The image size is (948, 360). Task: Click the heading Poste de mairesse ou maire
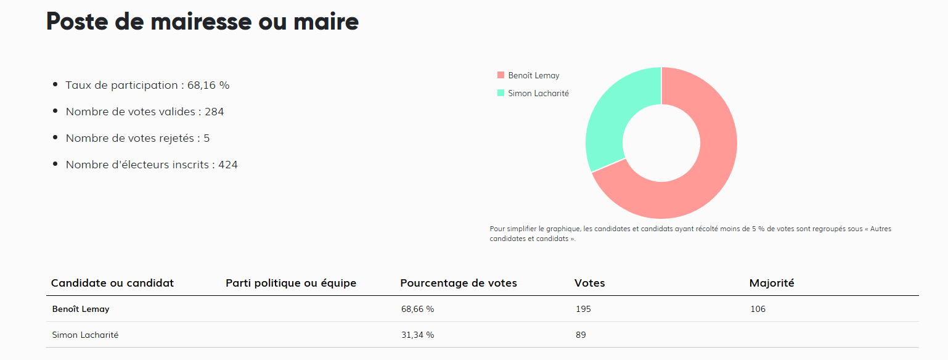[202, 22]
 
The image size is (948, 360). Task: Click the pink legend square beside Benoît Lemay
[501, 75]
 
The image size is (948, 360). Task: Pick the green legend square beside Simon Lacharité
[501, 93]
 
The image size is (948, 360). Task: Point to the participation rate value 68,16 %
[208, 85]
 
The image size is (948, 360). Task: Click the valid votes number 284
[215, 112]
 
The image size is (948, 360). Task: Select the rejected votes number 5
[206, 138]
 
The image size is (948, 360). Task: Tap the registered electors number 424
[228, 165]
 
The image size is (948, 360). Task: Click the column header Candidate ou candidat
[112, 283]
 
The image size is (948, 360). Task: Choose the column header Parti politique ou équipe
[291, 283]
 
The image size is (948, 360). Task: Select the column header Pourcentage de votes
[459, 283]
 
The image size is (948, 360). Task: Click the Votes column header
[590, 283]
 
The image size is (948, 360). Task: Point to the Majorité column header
[772, 283]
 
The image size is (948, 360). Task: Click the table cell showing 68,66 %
[417, 309]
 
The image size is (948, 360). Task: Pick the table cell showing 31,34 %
[417, 335]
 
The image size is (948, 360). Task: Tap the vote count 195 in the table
[582, 309]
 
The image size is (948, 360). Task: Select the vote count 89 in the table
[580, 335]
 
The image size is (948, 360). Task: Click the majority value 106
[758, 309]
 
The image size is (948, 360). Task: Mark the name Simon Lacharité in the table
[85, 335]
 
